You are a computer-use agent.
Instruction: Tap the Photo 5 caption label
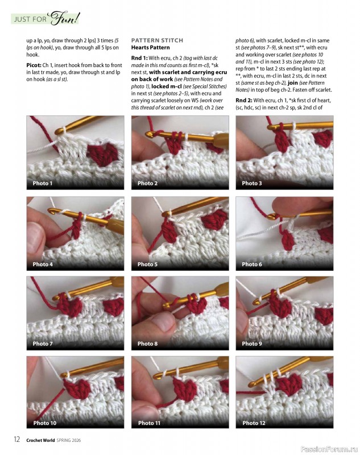[147, 264]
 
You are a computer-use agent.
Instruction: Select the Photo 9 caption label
[252, 344]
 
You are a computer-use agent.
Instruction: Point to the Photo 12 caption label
[254, 423]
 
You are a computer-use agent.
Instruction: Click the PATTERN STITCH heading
[157, 40]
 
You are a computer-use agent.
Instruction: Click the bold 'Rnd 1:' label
[139, 58]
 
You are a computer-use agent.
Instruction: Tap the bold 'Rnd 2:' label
[244, 100]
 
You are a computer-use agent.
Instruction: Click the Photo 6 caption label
[252, 264]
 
